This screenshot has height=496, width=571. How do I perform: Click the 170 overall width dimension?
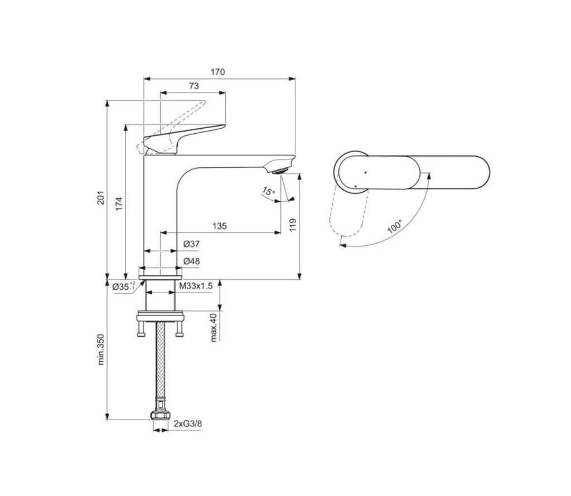(218, 72)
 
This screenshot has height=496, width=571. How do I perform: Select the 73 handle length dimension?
(194, 86)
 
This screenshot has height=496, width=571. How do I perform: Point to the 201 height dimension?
(100, 197)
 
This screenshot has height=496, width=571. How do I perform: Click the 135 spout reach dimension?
(220, 226)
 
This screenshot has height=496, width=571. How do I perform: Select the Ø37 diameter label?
(192, 244)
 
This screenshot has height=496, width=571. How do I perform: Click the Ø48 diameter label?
(192, 261)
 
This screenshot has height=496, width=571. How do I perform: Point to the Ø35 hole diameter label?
(124, 286)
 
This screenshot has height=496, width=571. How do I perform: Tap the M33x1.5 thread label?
(196, 286)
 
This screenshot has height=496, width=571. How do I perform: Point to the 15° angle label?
(269, 191)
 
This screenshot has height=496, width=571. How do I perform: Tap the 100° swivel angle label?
(394, 226)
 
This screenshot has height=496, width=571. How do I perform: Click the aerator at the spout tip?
(281, 171)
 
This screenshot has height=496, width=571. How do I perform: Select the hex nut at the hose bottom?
(160, 415)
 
